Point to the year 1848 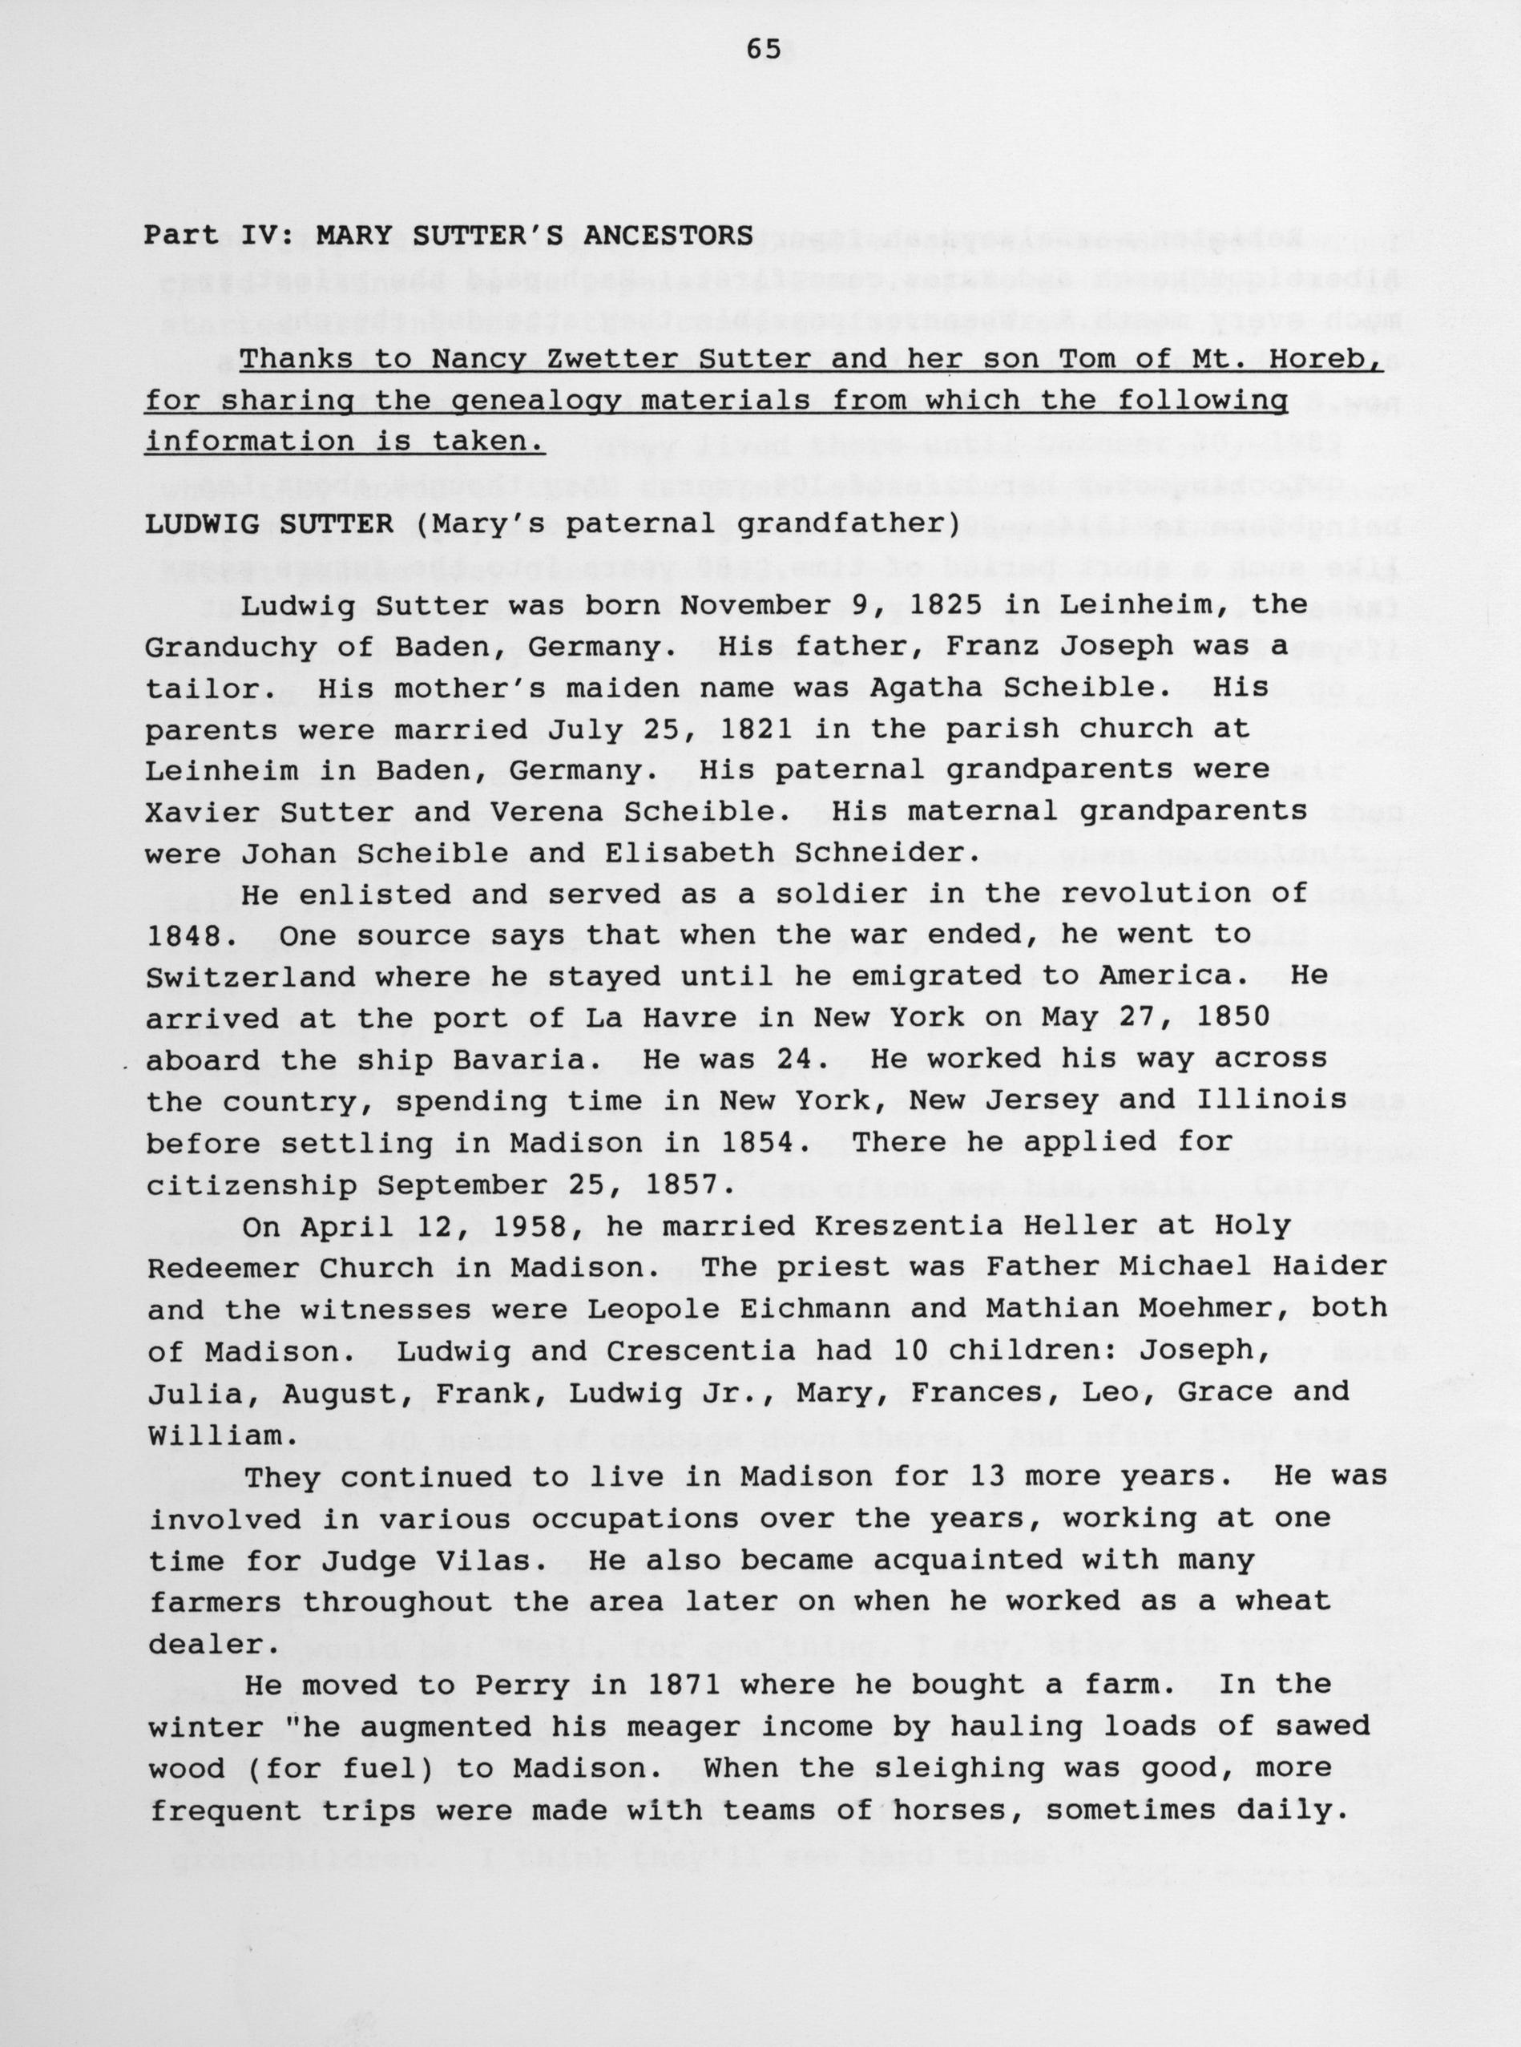pyautogui.click(x=184, y=936)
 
